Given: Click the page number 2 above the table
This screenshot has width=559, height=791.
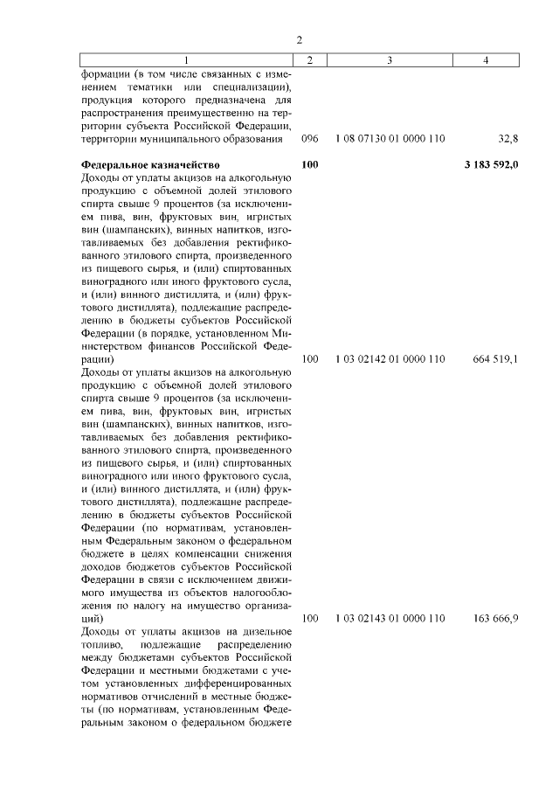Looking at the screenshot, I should pos(299,39).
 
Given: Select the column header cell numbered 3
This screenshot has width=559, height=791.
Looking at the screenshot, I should pos(389,59).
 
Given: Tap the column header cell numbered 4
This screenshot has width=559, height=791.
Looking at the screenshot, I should pos(486,59).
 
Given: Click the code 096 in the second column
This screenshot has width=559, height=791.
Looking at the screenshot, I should pos(309,139).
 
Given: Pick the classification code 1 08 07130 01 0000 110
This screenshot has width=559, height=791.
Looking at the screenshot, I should pos(390,139).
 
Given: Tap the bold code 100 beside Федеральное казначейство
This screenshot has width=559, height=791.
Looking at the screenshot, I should pos(309,164).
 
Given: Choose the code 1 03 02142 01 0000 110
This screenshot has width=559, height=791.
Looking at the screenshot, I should pos(390,359).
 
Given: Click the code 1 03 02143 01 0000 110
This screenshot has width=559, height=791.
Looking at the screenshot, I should pos(390,619).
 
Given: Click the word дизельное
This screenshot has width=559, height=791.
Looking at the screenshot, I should pos(259,632).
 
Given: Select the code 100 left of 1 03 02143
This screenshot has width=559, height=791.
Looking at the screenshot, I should pos(309,619).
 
